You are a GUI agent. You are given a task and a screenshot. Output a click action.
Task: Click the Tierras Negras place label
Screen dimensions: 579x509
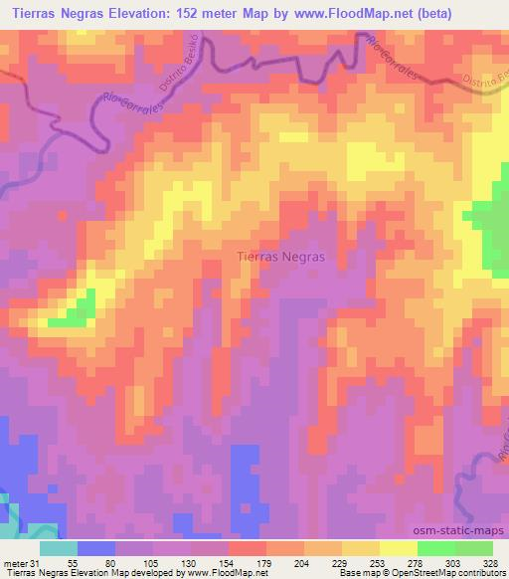pos(281,256)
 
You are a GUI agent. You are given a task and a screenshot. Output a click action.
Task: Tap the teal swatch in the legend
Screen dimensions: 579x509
pos(59,547)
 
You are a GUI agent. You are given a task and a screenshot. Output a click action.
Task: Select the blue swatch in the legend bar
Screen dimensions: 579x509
pos(96,547)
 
